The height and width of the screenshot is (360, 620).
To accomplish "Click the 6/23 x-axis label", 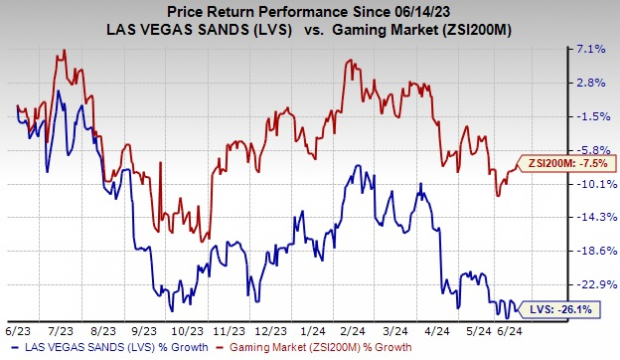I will pos(17,327).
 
